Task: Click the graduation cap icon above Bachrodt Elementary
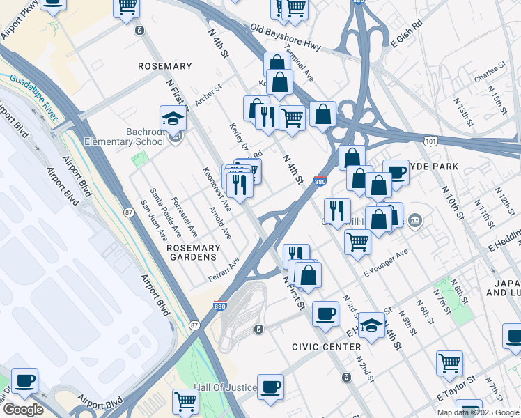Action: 173,119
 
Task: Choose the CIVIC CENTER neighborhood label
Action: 327,346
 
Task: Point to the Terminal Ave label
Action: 299,65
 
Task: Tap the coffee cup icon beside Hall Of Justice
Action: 270,387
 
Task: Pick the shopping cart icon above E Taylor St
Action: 449,362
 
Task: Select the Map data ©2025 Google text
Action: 478,412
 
